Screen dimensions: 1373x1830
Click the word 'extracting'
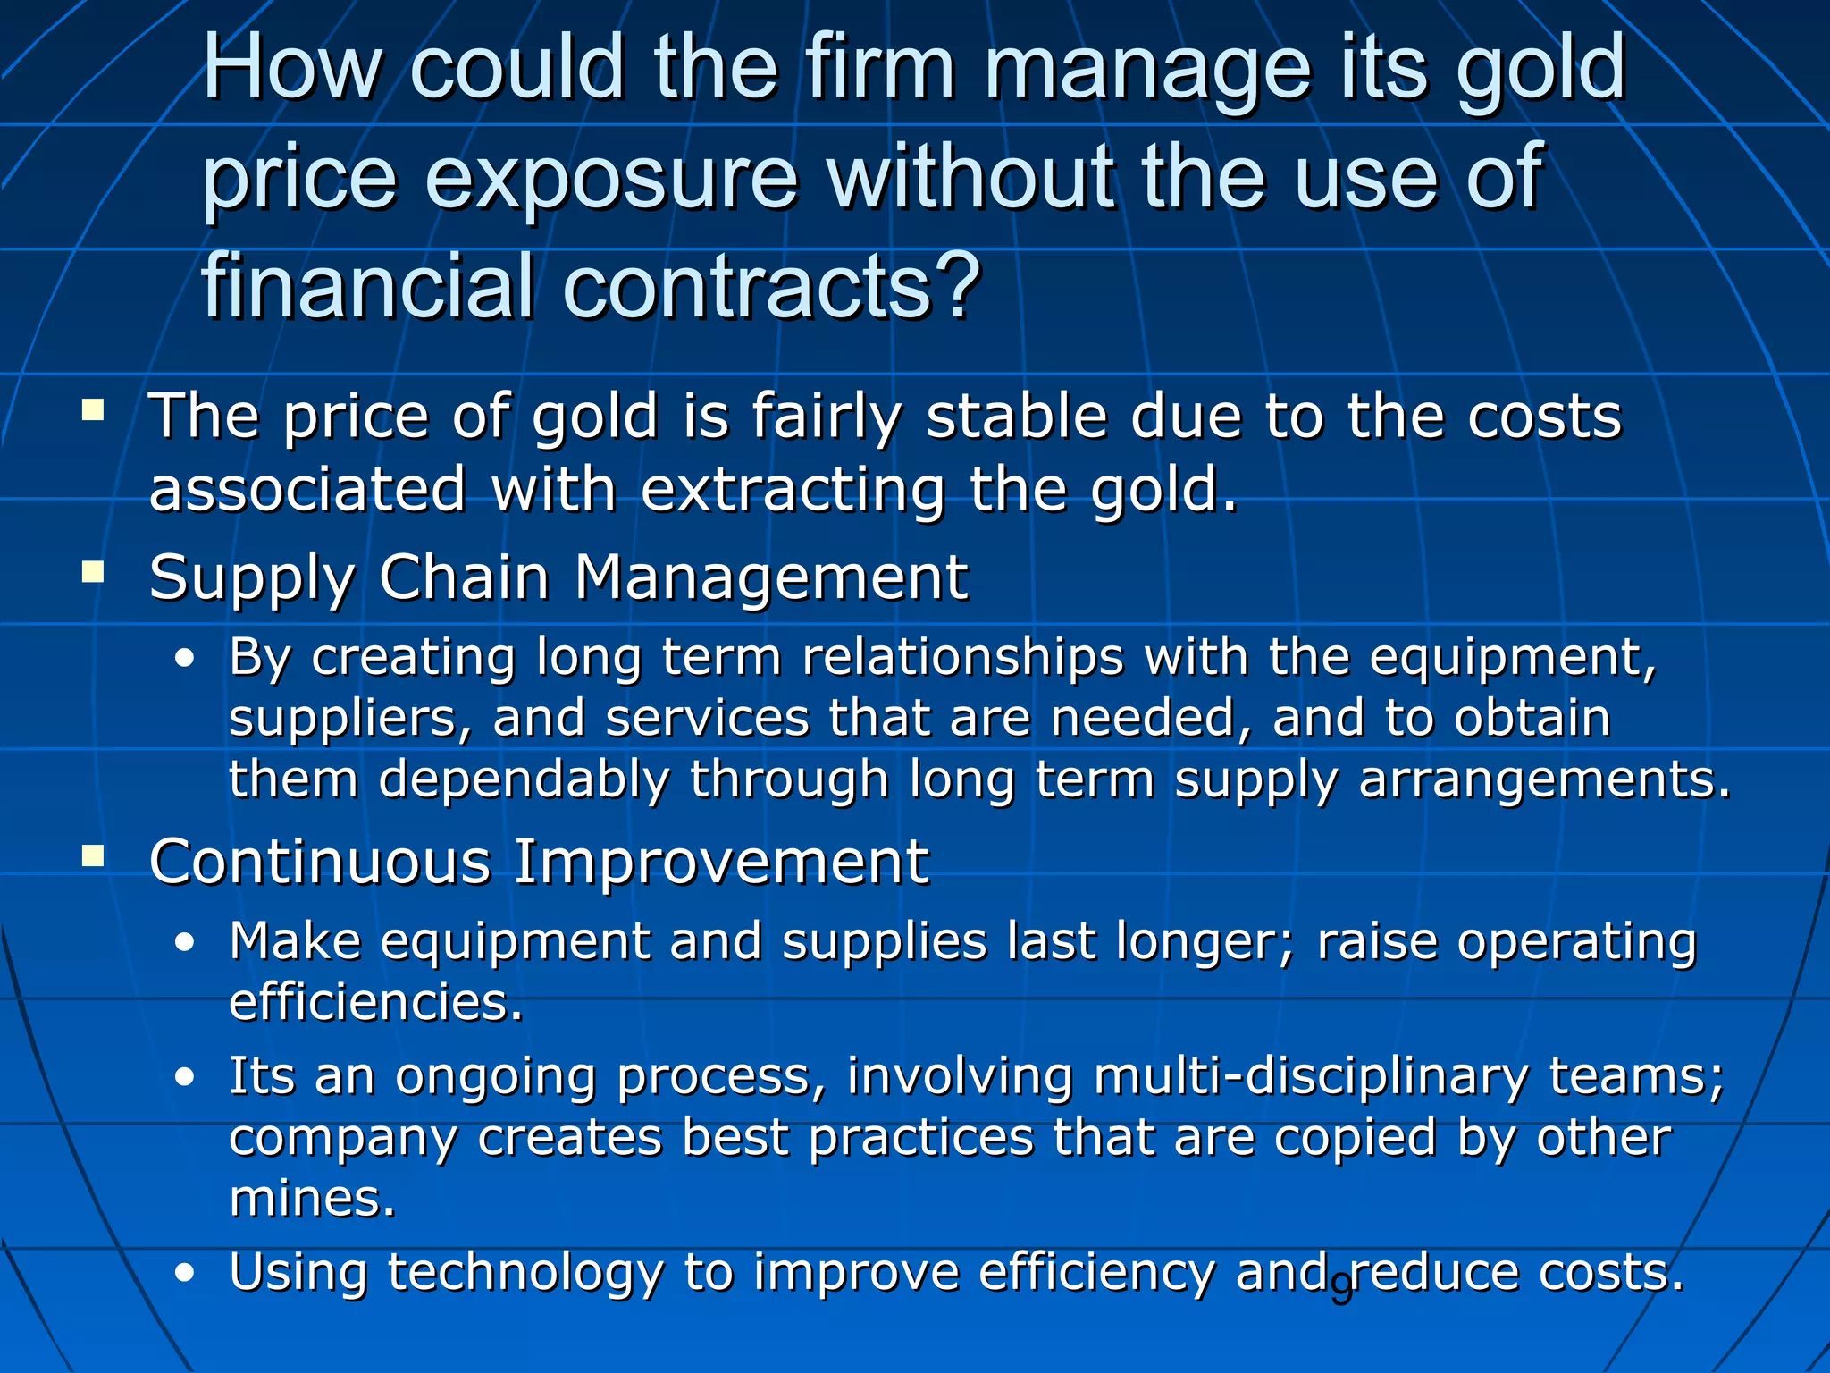click(792, 490)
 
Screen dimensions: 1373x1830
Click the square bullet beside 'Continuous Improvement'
click(93, 856)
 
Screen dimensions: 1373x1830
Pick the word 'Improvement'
click(721, 862)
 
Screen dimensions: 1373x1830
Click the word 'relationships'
click(963, 658)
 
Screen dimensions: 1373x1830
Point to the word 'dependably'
click(524, 779)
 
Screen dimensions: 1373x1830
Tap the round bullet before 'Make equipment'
click(185, 943)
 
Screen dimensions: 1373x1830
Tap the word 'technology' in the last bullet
click(525, 1273)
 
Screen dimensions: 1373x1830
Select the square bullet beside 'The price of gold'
click(93, 410)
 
